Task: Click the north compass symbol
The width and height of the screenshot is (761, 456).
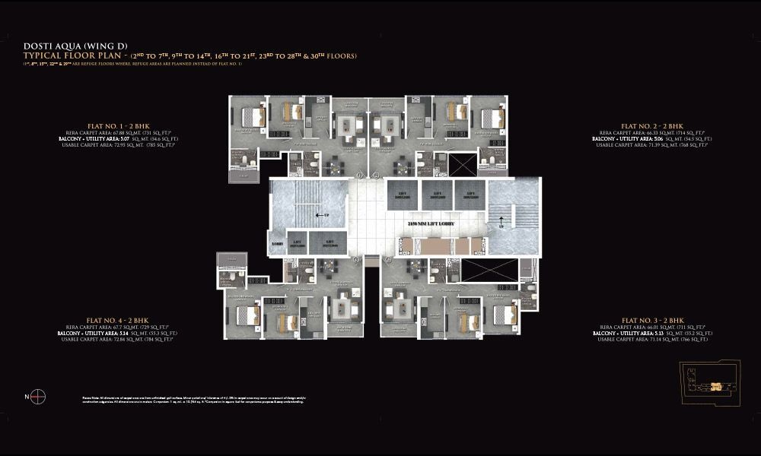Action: click(x=39, y=395)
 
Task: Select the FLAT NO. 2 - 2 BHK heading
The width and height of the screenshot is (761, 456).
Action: click(x=651, y=125)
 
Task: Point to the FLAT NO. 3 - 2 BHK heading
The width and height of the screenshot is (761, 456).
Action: click(x=652, y=321)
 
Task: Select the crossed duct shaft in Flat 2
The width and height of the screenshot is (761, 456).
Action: click(x=462, y=165)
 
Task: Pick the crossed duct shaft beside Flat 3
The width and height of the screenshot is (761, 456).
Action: click(x=479, y=271)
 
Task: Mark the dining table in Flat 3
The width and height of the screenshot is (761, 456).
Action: click(x=400, y=308)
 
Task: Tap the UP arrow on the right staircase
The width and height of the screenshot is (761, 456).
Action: click(x=501, y=223)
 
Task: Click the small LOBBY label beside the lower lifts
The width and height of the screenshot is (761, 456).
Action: click(x=277, y=244)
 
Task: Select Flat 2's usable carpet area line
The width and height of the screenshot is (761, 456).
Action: click(x=652, y=145)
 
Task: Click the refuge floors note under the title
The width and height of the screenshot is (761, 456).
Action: click(x=132, y=64)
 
